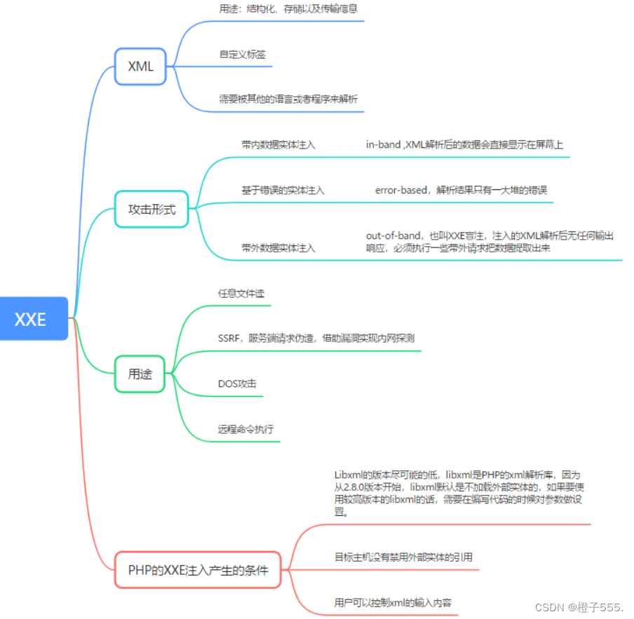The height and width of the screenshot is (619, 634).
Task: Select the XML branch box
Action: click(x=140, y=67)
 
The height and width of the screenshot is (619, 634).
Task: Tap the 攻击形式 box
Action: click(x=151, y=209)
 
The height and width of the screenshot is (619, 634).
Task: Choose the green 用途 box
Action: click(x=140, y=374)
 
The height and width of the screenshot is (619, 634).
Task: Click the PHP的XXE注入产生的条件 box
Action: click(x=198, y=569)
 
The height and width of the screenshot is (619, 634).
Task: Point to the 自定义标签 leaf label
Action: click(x=242, y=54)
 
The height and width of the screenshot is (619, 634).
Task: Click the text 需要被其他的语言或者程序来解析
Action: click(x=288, y=99)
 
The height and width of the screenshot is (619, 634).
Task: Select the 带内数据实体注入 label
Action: click(x=278, y=145)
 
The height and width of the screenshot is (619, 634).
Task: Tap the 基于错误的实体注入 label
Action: click(x=283, y=190)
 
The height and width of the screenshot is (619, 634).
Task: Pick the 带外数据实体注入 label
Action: click(x=278, y=247)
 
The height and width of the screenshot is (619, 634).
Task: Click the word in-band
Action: click(x=383, y=145)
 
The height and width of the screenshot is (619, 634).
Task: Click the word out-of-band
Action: click(x=393, y=236)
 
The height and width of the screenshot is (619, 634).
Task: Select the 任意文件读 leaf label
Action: click(x=241, y=293)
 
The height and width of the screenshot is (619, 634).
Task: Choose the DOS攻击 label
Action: click(x=237, y=383)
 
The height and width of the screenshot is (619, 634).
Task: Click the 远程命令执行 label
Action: click(x=245, y=429)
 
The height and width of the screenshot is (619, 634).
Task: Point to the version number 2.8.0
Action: click(x=358, y=487)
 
